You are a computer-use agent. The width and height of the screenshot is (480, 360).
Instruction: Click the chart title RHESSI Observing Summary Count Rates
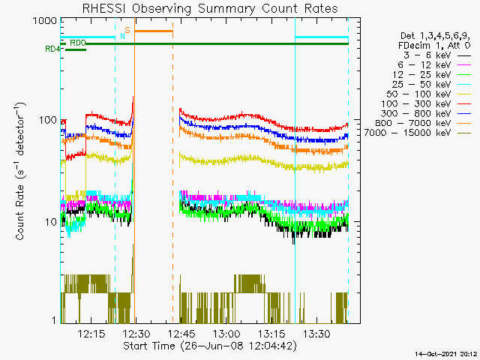tap(209, 8)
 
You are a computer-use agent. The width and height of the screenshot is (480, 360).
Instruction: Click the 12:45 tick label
tap(181, 333)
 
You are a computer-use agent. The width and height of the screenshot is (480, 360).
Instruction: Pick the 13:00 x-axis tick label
tap(226, 333)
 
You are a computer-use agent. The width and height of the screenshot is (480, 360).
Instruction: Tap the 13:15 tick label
tap(272, 333)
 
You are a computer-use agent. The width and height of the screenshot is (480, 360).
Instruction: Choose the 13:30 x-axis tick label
tap(317, 333)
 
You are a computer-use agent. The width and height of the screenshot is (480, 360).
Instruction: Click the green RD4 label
tap(52, 49)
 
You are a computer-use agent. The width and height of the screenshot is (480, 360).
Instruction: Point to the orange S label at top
tap(127, 31)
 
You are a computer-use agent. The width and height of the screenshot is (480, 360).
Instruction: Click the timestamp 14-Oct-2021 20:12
tap(445, 353)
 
